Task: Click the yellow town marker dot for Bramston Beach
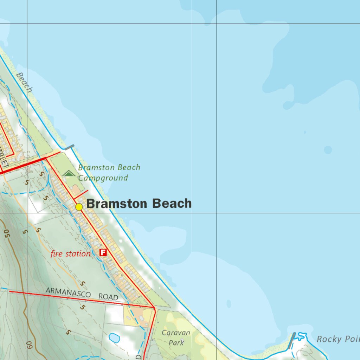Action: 79,207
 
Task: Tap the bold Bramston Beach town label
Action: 139,204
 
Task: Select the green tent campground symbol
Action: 69,173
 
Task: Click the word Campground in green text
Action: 103,178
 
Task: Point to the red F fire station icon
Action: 103,252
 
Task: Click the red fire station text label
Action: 70,253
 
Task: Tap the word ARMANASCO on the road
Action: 68,293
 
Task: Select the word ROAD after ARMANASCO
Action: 108,297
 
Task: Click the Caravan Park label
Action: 176,337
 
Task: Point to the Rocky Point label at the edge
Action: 337,339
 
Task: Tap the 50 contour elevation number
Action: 7,232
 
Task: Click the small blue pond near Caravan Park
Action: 114,338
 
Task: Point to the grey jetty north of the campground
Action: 70,147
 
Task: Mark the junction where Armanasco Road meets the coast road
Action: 154,308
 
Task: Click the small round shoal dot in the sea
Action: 328,150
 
